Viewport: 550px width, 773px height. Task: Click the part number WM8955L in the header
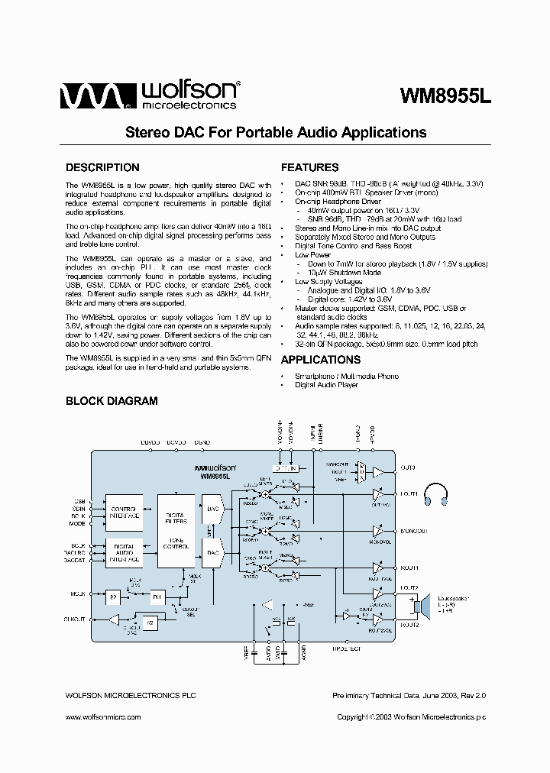point(447,97)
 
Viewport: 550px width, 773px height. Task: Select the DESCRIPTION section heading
point(102,167)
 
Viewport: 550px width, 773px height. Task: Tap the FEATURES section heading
point(309,167)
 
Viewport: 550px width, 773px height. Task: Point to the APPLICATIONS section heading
point(321,360)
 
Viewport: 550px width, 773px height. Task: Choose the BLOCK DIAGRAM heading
point(112,400)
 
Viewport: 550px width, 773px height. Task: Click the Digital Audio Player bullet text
point(326,385)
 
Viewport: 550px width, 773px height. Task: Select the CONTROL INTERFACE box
point(124,512)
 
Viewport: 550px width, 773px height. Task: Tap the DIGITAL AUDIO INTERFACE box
point(124,551)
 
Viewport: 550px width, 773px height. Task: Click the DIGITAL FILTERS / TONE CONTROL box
point(176,531)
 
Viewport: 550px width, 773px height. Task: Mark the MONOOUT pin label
point(413,531)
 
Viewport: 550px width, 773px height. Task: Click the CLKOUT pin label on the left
point(75,619)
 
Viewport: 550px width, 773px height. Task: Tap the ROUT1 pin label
point(409,568)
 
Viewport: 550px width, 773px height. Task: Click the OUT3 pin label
point(408,467)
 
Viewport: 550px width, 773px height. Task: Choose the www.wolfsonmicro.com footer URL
point(102,717)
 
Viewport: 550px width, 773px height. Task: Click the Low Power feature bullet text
point(312,255)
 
